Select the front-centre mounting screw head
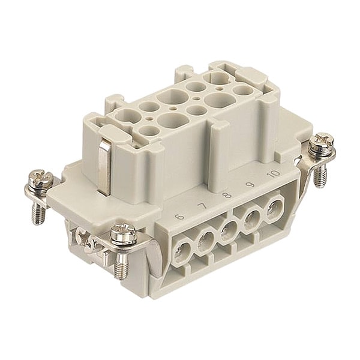(x=123, y=230)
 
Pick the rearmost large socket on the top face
(x=213, y=77)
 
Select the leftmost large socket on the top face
(x=128, y=115)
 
